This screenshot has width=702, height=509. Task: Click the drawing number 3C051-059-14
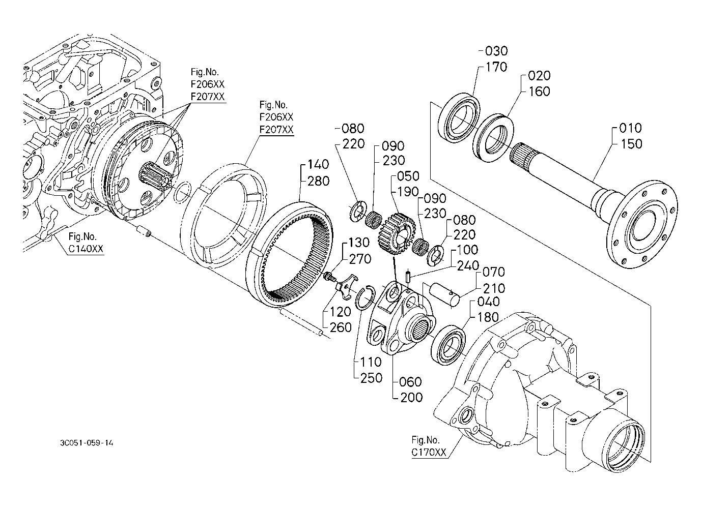pyautogui.click(x=86, y=443)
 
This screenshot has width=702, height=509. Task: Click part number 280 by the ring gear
pyautogui.click(x=319, y=181)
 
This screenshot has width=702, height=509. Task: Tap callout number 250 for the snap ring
pyautogui.click(x=370, y=377)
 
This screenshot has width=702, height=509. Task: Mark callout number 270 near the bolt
pyautogui.click(x=360, y=259)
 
